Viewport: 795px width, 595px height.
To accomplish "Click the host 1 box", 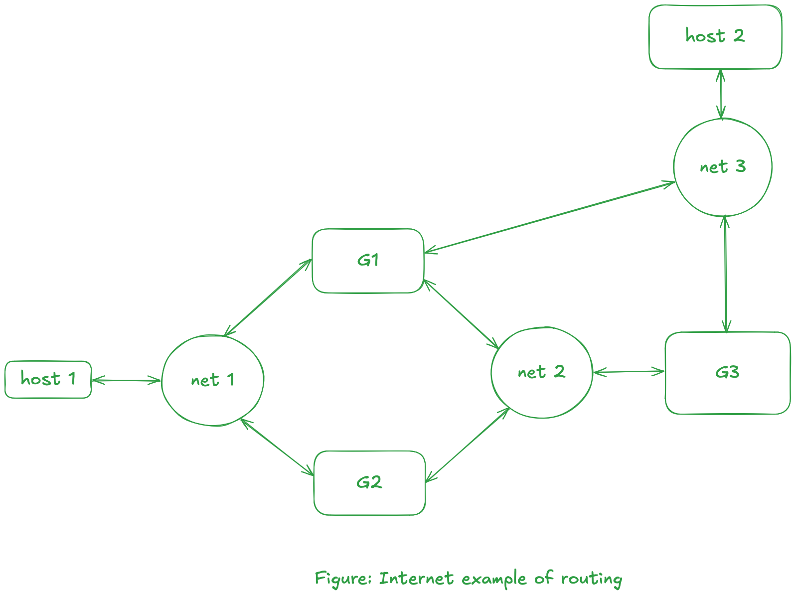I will pyautogui.click(x=48, y=379).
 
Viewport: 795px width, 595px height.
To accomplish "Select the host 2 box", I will pyautogui.click(x=715, y=37).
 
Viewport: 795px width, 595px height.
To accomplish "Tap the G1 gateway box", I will pyautogui.click(x=368, y=261).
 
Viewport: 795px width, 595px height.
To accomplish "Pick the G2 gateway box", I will pyautogui.click(x=369, y=483).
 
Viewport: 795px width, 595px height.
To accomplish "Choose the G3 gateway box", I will pyautogui.click(x=727, y=373).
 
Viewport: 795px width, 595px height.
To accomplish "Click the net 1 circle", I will pyautogui.click(x=212, y=380).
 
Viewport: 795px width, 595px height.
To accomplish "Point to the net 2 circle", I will pyautogui.click(x=541, y=372).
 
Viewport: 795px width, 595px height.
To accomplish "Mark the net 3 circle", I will pyautogui.click(x=722, y=167).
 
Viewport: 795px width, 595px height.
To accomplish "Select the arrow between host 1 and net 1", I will pyautogui.click(x=126, y=381).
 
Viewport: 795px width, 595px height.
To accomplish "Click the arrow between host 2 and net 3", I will pyautogui.click(x=720, y=94).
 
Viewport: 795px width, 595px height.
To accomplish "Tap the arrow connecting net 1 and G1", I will pyautogui.click(x=268, y=297).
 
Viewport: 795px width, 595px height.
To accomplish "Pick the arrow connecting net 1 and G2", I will pyautogui.click(x=277, y=446).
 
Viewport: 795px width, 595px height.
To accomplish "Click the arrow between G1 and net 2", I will pyautogui.click(x=461, y=314).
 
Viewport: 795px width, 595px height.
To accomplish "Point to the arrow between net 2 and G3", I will pyautogui.click(x=629, y=372).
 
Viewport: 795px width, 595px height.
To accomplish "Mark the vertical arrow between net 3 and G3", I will pyautogui.click(x=726, y=274).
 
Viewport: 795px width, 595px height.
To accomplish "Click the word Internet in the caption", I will pyautogui.click(x=416, y=579).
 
